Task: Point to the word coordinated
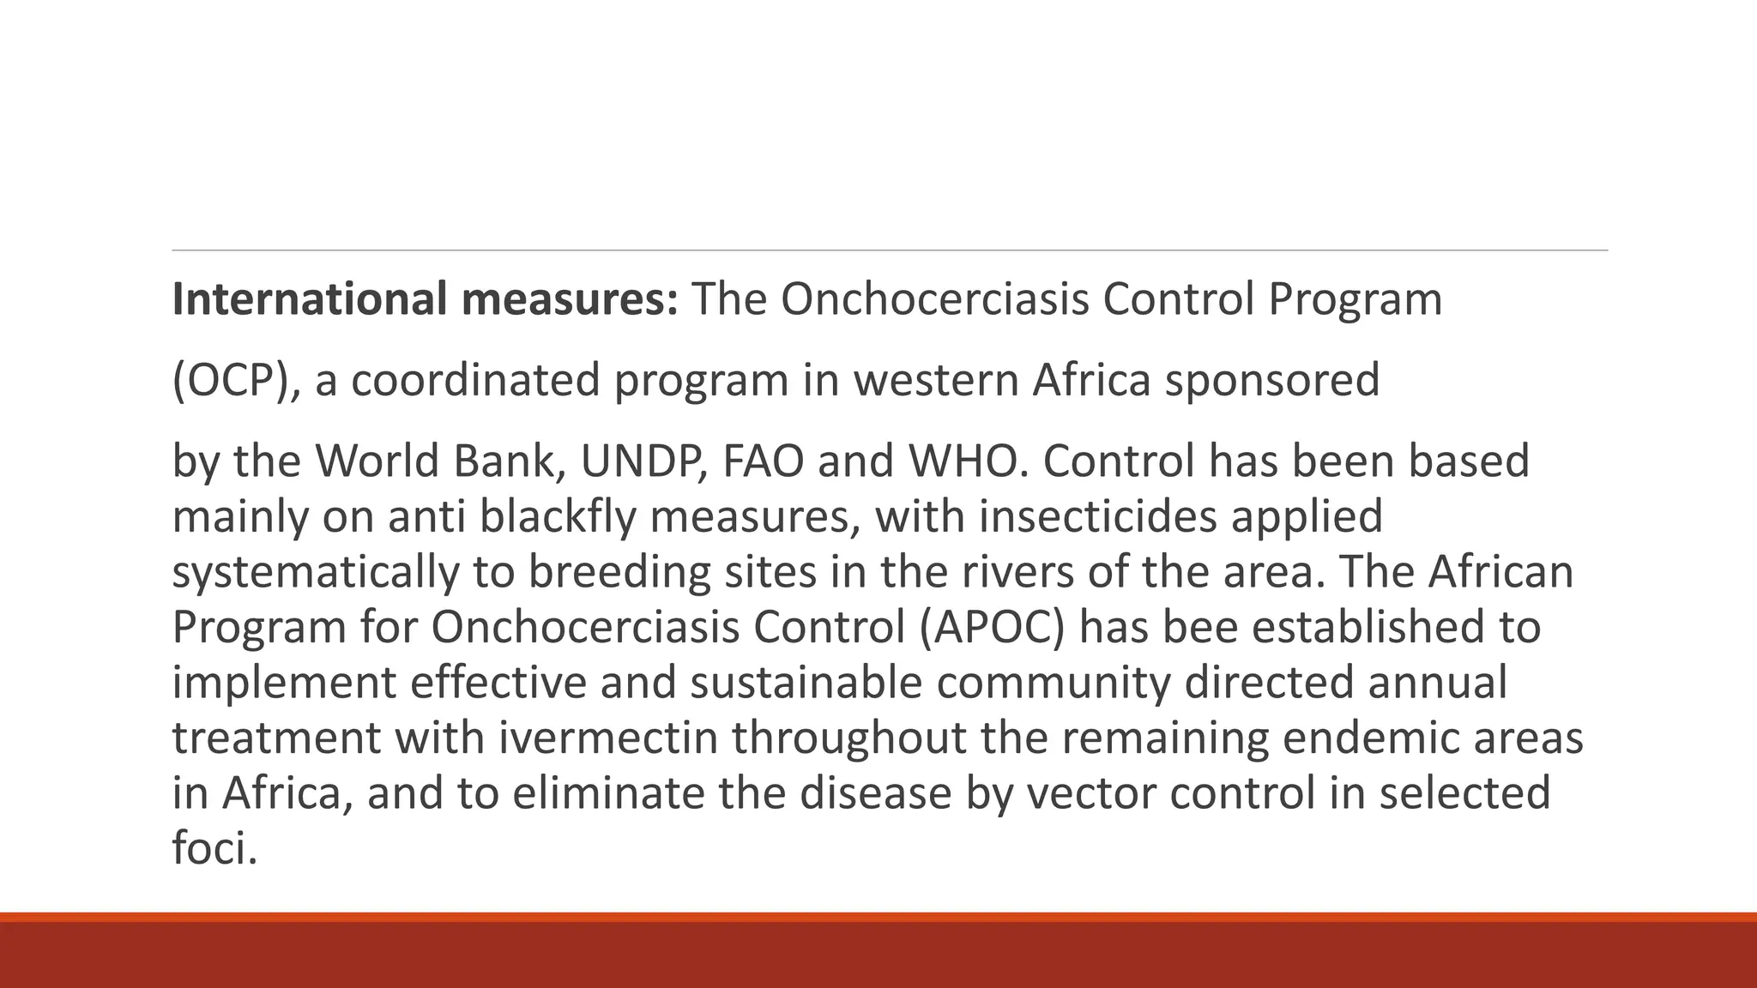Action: pos(475,380)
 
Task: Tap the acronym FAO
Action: pos(764,461)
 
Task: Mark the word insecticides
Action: pos(1097,516)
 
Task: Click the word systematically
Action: pos(315,572)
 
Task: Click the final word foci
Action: pos(214,848)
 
